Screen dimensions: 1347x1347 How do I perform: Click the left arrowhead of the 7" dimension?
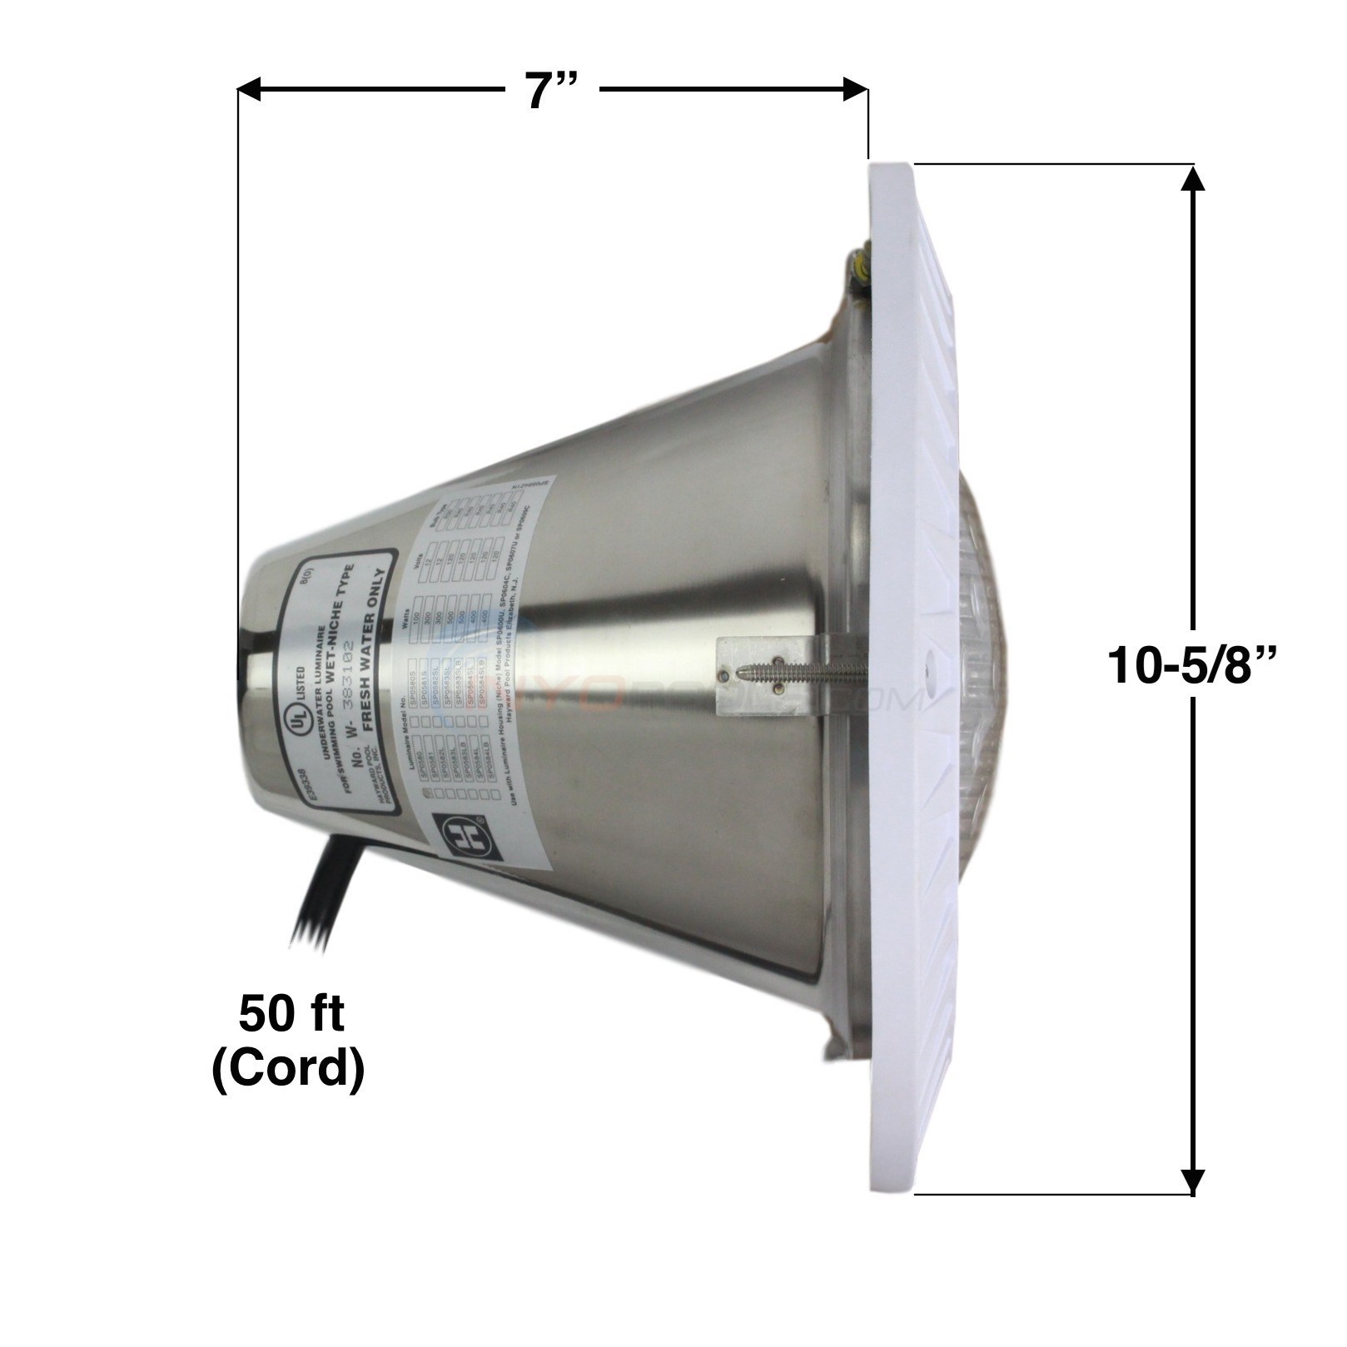(250, 89)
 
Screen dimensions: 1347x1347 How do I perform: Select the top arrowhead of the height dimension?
(1193, 179)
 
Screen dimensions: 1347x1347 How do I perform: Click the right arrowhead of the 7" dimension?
(856, 89)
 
